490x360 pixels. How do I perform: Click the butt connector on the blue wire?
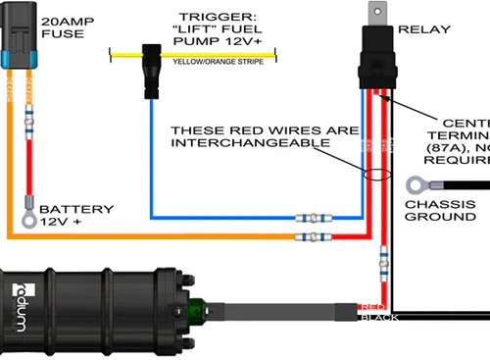tap(312, 217)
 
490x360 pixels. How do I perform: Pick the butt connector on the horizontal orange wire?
tap(312, 237)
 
